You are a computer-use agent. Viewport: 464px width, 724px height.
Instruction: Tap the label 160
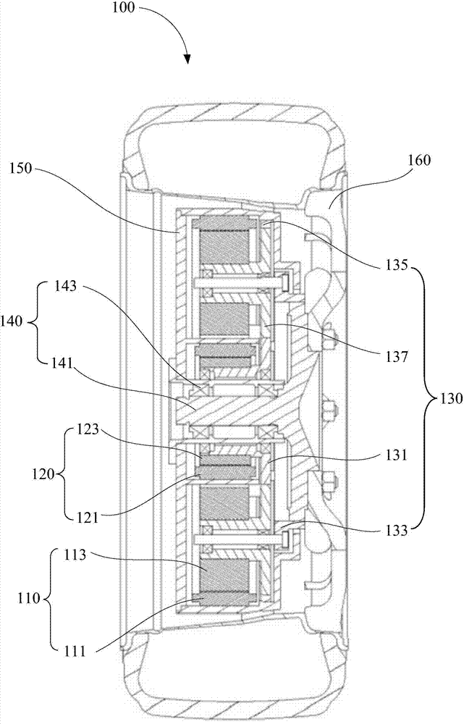coord(418,160)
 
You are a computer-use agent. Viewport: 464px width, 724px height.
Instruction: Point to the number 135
coord(395,266)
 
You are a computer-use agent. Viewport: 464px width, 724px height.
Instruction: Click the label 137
coord(395,357)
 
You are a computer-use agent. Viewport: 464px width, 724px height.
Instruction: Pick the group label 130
coord(449,398)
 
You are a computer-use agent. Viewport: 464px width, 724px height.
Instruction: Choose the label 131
coord(395,455)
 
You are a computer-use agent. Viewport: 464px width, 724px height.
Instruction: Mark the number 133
coord(395,530)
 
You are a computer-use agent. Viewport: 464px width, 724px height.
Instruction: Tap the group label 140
coord(14,321)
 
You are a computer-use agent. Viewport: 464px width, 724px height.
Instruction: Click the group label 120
coord(44,473)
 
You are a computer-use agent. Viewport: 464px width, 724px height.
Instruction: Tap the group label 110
coord(32,599)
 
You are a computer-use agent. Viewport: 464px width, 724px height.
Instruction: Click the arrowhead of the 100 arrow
coord(187,59)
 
